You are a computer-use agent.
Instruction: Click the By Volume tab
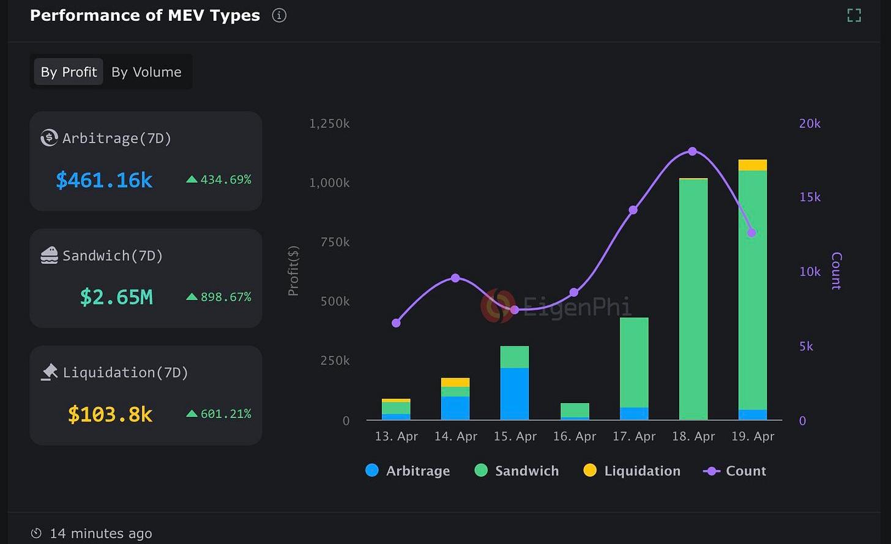pyautogui.click(x=146, y=72)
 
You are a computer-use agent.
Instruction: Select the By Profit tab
pyautogui.click(x=69, y=72)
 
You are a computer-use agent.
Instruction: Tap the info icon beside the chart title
pyautogui.click(x=279, y=16)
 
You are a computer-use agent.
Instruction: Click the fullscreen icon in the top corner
pyautogui.click(x=854, y=15)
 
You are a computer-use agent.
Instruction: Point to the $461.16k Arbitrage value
pyautogui.click(x=104, y=180)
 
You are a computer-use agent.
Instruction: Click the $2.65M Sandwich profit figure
pyautogui.click(x=116, y=297)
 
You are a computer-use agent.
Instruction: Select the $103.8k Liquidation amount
pyautogui.click(x=110, y=414)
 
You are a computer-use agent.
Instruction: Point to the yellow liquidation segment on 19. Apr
pyautogui.click(x=752, y=165)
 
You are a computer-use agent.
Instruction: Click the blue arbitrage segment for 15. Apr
pyautogui.click(x=515, y=393)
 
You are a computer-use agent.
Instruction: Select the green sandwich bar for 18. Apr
pyautogui.click(x=693, y=300)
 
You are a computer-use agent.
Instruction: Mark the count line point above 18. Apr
pyautogui.click(x=693, y=151)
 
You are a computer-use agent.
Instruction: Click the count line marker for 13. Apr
pyautogui.click(x=397, y=322)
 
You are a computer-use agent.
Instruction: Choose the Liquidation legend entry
pyautogui.click(x=632, y=471)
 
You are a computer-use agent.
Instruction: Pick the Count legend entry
pyautogui.click(x=735, y=471)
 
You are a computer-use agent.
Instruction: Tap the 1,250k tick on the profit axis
pyautogui.click(x=329, y=124)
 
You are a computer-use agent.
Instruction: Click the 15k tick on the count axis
pyautogui.click(x=809, y=197)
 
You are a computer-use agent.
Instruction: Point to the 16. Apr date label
pyautogui.click(x=574, y=436)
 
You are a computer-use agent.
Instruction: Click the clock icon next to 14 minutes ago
pyautogui.click(x=37, y=534)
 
